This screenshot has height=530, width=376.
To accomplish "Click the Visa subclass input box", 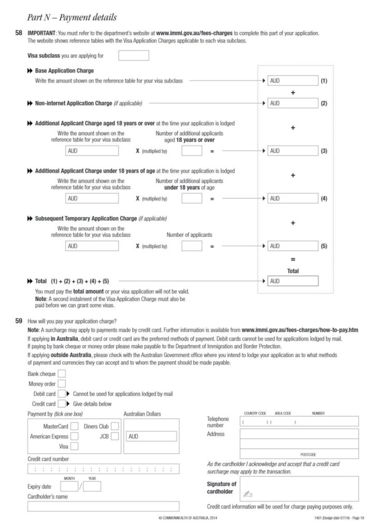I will click(x=134, y=55).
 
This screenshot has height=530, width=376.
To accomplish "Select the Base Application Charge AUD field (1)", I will click(x=292, y=81).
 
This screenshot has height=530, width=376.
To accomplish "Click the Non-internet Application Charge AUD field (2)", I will click(x=292, y=103).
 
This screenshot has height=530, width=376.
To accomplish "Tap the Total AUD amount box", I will click(x=292, y=281).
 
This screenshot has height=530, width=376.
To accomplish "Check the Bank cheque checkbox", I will click(x=62, y=374).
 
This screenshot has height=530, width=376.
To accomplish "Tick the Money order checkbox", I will click(x=62, y=384).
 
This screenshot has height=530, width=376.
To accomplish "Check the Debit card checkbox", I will click(x=62, y=394).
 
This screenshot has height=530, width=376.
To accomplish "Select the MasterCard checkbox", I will click(x=74, y=426).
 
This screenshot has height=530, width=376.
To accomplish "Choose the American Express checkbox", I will click(x=74, y=436).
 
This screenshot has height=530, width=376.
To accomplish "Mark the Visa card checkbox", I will click(x=74, y=446).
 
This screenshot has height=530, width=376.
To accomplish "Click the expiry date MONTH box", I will click(x=69, y=487).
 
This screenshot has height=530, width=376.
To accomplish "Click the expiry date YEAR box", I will click(x=92, y=487).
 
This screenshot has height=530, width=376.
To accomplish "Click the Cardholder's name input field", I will click(x=103, y=506).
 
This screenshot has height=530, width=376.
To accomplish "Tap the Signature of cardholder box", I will click(x=299, y=488).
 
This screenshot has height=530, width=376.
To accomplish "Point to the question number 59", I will click(x=19, y=321).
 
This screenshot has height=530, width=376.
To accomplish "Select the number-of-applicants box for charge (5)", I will click(x=192, y=246).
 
